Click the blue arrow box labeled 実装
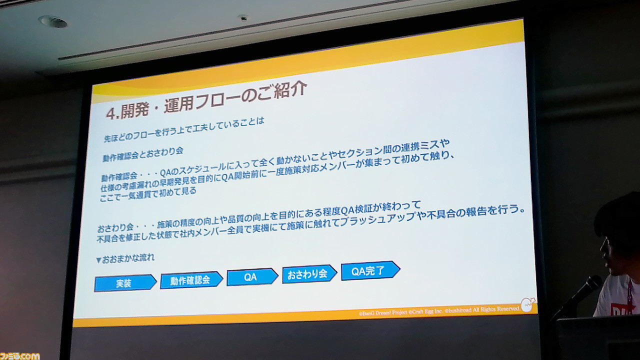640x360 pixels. click(125, 283)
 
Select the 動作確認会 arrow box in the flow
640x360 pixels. click(191, 280)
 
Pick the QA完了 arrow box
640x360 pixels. click(370, 270)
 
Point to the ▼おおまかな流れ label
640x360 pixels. click(125, 258)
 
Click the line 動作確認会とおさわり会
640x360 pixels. click(143, 154)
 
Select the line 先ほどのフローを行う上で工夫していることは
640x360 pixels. click(184, 129)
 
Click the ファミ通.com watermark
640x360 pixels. click(19, 356)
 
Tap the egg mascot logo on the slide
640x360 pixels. click(528, 304)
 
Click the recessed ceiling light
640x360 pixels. click(53, 21)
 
